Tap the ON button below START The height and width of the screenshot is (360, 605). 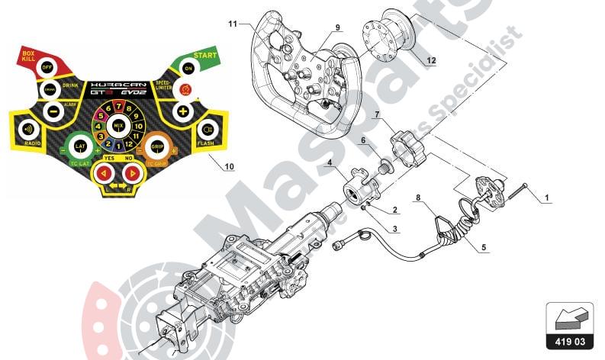tap(188, 68)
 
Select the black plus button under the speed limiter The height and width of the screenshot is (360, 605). tap(183, 111)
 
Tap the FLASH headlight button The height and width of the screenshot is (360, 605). tap(204, 128)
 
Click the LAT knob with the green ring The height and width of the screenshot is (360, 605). tap(79, 145)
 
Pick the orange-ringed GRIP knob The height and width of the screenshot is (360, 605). tap(156, 145)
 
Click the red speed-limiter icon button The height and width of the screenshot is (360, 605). tap(184, 90)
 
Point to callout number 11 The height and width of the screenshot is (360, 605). tap(233, 24)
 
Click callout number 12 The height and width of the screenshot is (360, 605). tap(432, 59)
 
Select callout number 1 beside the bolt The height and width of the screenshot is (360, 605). tap(546, 198)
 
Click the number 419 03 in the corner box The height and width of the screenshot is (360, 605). tap(568, 340)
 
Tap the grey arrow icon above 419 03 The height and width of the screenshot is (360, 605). tap(568, 317)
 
